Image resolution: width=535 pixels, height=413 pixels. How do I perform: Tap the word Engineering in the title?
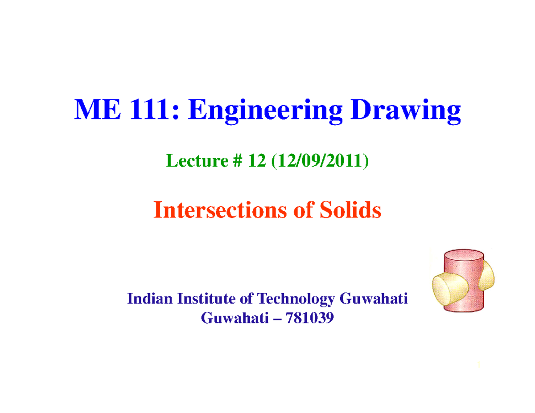pos(265,111)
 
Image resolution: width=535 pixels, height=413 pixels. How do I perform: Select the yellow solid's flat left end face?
pos(442,289)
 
